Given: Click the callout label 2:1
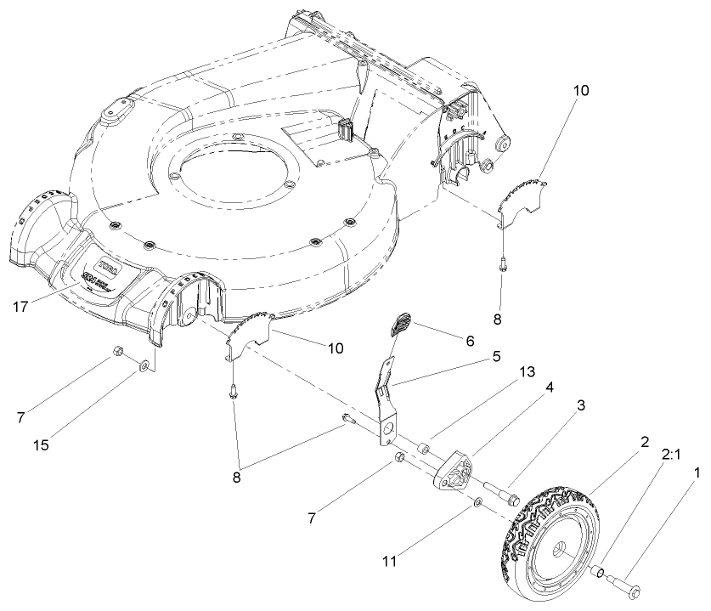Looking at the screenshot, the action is click(670, 454).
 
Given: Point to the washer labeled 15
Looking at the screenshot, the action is click(145, 365).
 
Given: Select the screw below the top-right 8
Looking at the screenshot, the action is click(503, 263).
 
